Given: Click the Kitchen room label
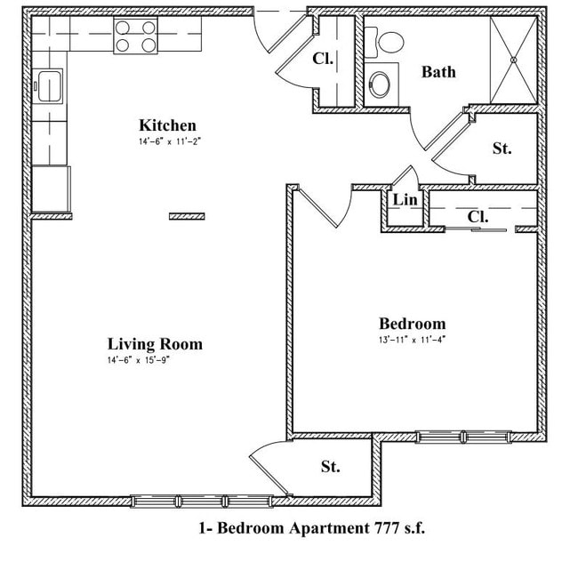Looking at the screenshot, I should point(167,125).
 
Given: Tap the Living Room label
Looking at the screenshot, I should point(155,344).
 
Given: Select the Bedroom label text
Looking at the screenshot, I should point(412,324).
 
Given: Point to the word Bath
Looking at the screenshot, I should point(438,71).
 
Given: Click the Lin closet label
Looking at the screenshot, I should point(405,200).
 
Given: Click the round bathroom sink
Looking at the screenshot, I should point(380,84).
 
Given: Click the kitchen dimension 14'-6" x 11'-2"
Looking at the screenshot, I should point(164,141).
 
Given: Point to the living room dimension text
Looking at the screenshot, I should point(151,361).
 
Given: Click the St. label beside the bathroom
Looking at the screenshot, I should point(502,149).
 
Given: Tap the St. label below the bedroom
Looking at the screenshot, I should point(331,466).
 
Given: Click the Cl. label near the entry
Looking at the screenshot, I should point(322,60).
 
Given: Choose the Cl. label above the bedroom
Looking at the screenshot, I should point(478,216).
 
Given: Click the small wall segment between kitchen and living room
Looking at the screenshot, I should point(187,216).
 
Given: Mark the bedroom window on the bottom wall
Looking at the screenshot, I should point(463,436).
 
